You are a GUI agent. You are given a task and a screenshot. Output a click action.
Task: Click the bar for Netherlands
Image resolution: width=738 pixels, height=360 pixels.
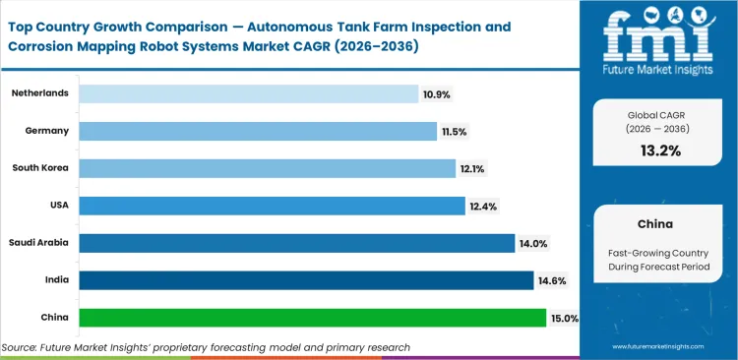coord(248,93)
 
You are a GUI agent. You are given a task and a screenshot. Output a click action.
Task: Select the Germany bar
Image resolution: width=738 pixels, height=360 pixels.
coord(258,131)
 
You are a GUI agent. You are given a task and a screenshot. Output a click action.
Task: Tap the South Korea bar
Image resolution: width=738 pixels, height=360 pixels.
coord(267,168)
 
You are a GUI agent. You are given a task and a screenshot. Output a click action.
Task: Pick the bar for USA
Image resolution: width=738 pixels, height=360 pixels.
coord(272,206)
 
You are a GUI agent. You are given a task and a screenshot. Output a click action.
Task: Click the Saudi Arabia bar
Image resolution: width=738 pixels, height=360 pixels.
coord(296,243)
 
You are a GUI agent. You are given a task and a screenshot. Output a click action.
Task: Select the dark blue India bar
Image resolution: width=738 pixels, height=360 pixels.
coord(306,280)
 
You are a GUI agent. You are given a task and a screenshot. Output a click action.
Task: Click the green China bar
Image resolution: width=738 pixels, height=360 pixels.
coord(312,318)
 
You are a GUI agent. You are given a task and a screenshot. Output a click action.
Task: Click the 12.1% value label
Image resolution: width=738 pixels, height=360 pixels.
coord(471,168)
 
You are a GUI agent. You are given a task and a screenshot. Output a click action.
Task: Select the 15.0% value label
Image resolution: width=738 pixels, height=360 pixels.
coord(565,318)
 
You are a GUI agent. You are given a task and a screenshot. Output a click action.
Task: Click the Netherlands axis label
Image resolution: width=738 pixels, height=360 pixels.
coord(40,92)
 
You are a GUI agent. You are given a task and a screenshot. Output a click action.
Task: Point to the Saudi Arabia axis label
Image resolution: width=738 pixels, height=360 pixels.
coord(39,243)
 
